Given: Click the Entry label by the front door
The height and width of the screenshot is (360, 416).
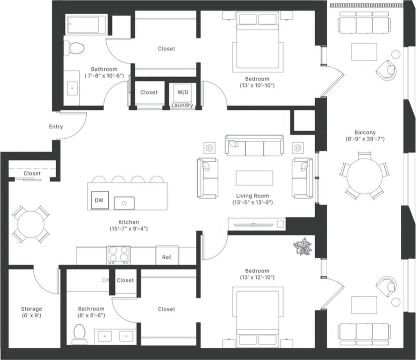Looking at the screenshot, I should pos(56,127).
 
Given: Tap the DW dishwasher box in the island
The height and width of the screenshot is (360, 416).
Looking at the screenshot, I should pos(99,200).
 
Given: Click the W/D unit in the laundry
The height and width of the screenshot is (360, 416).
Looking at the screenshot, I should pos(182,93).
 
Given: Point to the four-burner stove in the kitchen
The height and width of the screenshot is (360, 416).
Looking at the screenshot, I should pos(118,255).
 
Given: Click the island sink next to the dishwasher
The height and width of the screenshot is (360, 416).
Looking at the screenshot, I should pos(124,203).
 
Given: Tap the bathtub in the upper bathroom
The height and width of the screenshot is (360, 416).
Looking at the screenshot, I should pos(86,25).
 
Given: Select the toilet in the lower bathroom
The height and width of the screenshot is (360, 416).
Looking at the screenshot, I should pos(79,334).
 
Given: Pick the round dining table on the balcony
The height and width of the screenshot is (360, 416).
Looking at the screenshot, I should pos(364,176).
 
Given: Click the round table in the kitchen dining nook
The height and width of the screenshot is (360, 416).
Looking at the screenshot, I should pos(30,224).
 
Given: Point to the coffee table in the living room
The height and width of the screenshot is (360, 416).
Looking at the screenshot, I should pos(254,178).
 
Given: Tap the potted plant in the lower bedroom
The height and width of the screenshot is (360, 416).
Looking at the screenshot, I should pos(303,247).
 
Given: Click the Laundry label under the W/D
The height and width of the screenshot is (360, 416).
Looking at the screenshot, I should pos(182,105).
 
